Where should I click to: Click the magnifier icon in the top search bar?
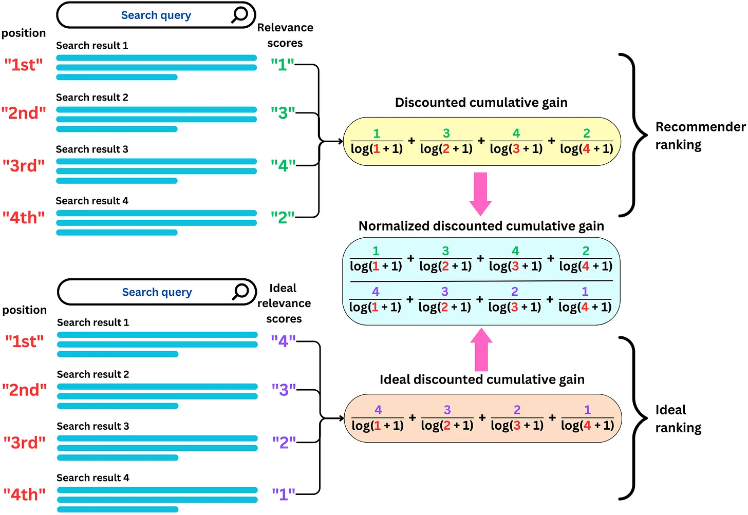[x=239, y=15]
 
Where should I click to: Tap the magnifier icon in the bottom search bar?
[x=240, y=292]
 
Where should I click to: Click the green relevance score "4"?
[x=283, y=165]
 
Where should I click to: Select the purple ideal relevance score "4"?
[x=283, y=341]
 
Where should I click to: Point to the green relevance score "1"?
[x=283, y=64]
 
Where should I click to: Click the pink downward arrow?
[x=480, y=194]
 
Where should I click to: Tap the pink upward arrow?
[x=481, y=349]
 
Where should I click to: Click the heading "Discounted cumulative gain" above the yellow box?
[x=481, y=103]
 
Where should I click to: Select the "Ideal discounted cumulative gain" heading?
[x=482, y=379]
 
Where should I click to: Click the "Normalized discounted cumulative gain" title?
[x=481, y=226]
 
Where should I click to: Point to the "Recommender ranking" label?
[x=700, y=136]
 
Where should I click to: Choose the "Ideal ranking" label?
[x=678, y=418]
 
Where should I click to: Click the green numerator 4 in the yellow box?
[x=516, y=133]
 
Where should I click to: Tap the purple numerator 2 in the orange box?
[x=517, y=410]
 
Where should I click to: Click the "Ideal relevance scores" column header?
[x=284, y=303]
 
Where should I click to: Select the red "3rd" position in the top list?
[x=24, y=165]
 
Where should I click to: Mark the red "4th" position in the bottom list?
[x=24, y=494]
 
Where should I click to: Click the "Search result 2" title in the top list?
[x=92, y=97]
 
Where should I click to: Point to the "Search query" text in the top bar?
[x=156, y=15]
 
